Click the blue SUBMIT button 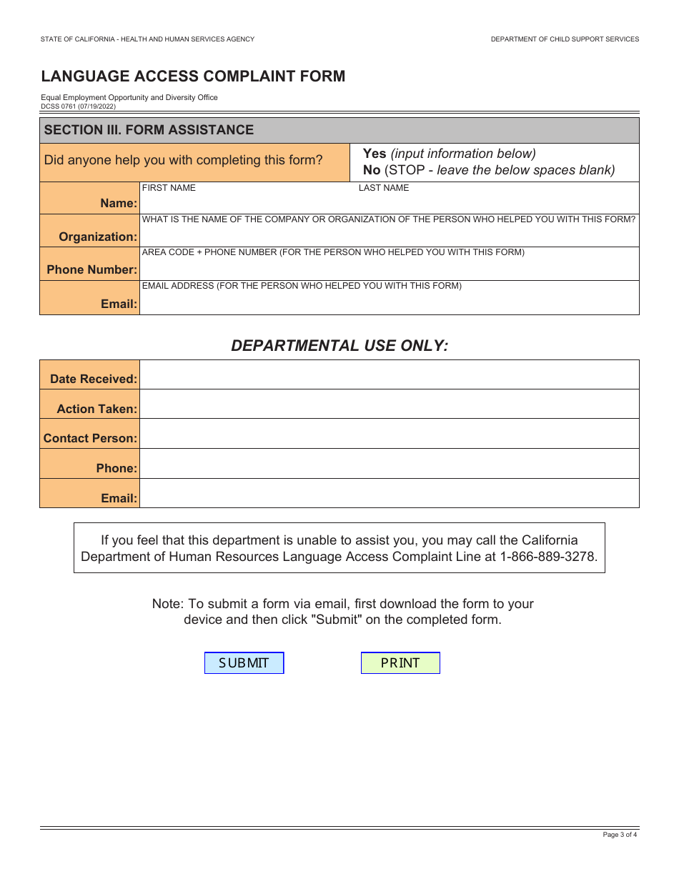244,663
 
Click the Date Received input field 389,375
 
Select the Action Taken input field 389,404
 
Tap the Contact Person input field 389,434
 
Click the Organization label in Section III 98,237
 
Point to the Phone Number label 91,269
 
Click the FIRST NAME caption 169,188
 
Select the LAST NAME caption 384,188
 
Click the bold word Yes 375,154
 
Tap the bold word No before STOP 372,170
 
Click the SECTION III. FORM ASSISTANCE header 149,130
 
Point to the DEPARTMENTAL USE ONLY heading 339,346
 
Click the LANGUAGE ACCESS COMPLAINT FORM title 193,76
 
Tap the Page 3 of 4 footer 619,835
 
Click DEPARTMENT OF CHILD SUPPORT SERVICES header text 565,39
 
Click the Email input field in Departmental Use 389,493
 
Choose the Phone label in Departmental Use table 117,468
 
